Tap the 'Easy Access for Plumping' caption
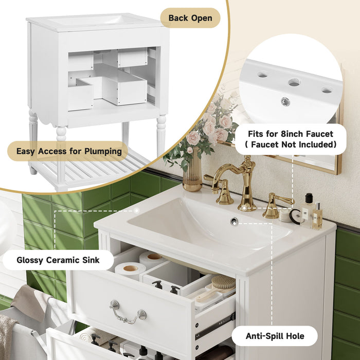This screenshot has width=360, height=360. (69, 151)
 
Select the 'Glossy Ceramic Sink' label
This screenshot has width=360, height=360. (58, 260)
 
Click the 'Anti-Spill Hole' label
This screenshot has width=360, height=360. (274, 336)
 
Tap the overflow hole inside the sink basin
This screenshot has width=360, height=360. (234, 221)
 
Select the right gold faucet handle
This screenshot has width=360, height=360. (275, 206)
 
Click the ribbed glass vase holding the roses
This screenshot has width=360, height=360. (192, 175)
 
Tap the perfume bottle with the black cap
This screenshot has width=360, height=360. (308, 208)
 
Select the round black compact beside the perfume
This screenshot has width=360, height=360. (295, 217)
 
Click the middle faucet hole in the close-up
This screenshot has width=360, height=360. (294, 82)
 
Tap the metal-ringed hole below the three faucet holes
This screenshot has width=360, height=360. (285, 101)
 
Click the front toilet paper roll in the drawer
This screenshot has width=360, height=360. (130, 269)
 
